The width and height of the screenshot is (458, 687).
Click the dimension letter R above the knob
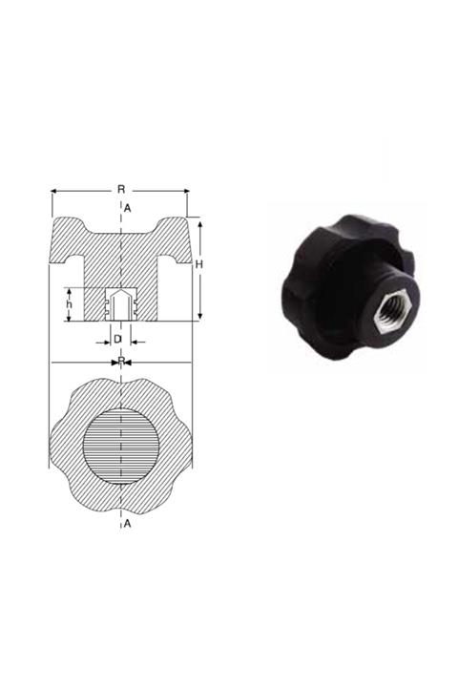pyautogui.click(x=121, y=189)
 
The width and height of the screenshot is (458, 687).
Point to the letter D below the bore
pyautogui.click(x=116, y=339)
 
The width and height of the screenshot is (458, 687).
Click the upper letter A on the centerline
pyautogui.click(x=127, y=208)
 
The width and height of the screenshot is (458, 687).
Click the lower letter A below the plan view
pyautogui.click(x=127, y=524)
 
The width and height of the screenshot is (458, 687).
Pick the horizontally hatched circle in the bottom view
pyautogui.click(x=121, y=445)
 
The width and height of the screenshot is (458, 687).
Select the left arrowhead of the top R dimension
pyautogui.click(x=54, y=191)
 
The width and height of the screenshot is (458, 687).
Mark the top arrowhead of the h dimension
pyautogui.click(x=69, y=290)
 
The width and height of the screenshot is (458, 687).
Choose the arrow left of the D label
pyautogui.click(x=102, y=340)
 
